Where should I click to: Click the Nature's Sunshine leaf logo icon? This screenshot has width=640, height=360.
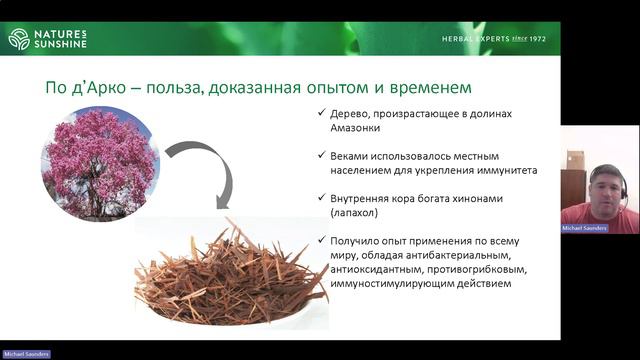tap(18, 38)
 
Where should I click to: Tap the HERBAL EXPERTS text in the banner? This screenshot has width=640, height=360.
tap(478, 39)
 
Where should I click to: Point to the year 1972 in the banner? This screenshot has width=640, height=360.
tap(548, 39)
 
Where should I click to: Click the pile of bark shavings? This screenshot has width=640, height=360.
tap(232, 268)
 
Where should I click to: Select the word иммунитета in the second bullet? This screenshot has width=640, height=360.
tap(506, 170)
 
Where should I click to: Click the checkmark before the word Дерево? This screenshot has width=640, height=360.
tap(319, 113)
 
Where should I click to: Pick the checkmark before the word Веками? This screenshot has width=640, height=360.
tap(319, 156)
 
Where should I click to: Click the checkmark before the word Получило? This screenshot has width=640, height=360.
tap(319, 241)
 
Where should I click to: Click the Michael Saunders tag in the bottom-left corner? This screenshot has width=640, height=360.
tap(26, 354)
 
